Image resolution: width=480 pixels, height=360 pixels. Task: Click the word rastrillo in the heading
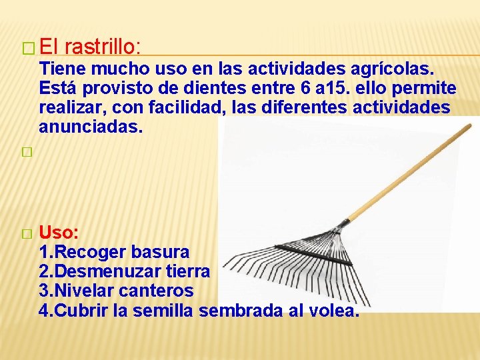103,47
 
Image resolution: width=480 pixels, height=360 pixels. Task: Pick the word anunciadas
91,127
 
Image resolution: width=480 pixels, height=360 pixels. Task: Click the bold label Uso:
59,233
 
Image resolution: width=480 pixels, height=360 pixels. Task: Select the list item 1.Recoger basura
114,253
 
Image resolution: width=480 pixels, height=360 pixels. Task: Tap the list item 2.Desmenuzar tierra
125,272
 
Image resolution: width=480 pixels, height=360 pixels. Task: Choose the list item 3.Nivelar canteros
117,291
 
